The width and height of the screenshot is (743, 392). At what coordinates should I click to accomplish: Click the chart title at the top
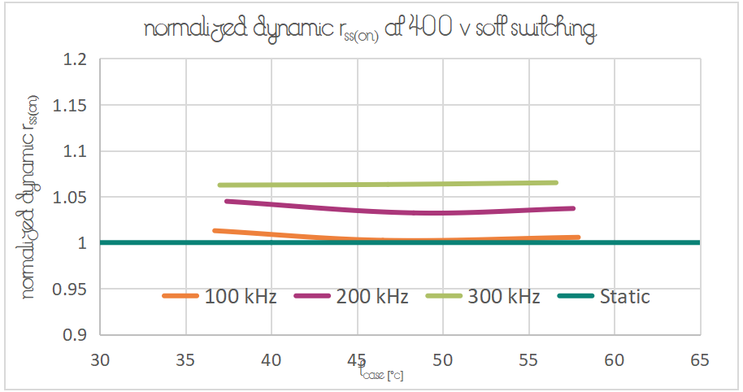pyautogui.click(x=371, y=29)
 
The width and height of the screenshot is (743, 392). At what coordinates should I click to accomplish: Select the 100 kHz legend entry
pyautogui.click(x=219, y=297)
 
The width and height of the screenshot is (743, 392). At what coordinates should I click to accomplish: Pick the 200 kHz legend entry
pyautogui.click(x=351, y=297)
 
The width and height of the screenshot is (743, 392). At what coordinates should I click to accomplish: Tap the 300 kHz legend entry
pyautogui.click(x=483, y=297)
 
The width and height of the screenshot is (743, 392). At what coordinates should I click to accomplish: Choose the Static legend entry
pyautogui.click(x=604, y=297)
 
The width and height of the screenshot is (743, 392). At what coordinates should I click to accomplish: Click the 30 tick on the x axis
pyautogui.click(x=100, y=359)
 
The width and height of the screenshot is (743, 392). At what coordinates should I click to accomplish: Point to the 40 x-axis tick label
pyautogui.click(x=272, y=359)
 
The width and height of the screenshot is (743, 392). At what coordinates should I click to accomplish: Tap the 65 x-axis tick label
pyautogui.click(x=700, y=359)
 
